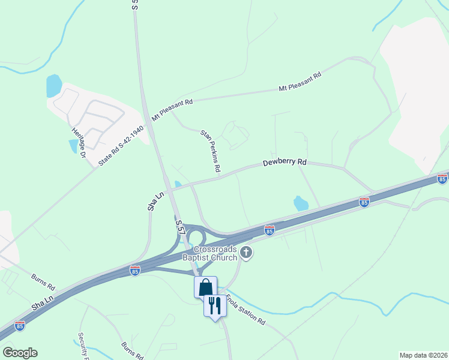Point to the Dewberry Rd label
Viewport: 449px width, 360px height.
point(285,163)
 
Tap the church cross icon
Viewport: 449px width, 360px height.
point(246,254)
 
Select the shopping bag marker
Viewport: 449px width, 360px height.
point(205,287)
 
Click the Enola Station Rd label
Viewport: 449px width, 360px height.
point(246,308)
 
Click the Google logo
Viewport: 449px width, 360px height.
point(20,353)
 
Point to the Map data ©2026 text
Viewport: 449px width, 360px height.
point(423,355)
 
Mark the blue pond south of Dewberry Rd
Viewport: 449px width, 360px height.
point(301,203)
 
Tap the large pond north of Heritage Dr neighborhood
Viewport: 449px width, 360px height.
point(54,86)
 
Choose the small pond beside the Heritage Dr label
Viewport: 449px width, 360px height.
point(73,145)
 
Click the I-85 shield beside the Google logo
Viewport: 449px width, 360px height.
point(20,326)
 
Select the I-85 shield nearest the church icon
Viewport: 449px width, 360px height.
point(270,230)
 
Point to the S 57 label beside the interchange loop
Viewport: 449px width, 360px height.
point(180,226)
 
